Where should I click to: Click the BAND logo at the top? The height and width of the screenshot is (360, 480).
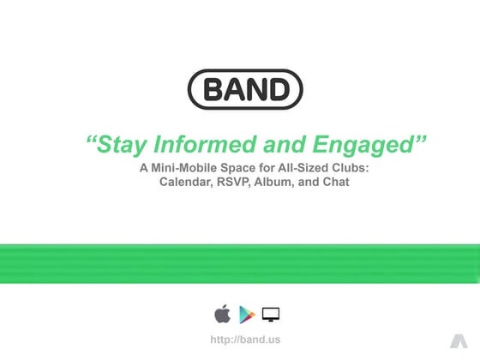point(244,89)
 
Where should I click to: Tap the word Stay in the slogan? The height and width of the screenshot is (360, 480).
point(119,145)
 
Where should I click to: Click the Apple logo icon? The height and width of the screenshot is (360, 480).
point(222,314)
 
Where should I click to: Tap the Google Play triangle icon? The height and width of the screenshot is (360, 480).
point(247,314)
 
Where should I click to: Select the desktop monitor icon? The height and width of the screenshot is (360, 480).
point(271,314)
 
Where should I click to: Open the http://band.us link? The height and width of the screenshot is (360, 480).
point(244,339)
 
